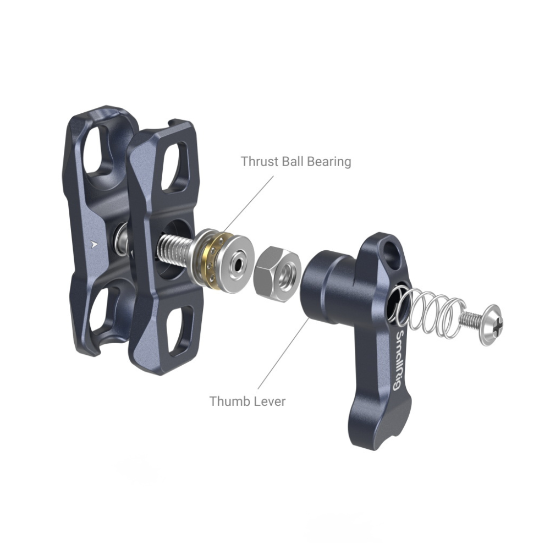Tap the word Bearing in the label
[x=329, y=162]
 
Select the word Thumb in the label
[x=228, y=402]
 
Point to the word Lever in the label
[x=268, y=402]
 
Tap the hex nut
[x=277, y=274]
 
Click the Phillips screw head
[x=491, y=325]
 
